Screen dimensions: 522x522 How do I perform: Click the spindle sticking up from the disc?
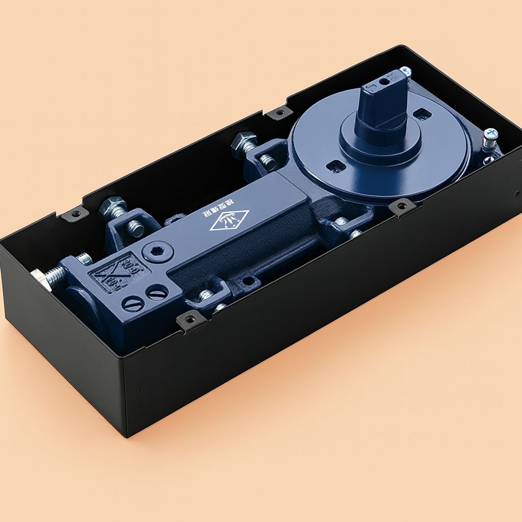(x=383, y=105)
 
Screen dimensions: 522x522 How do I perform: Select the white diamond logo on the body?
(x=229, y=220)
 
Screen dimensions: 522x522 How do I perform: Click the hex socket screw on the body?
(x=158, y=251)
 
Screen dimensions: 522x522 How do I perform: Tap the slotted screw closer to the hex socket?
(x=156, y=292)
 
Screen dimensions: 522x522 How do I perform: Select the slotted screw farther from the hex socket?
(x=134, y=304)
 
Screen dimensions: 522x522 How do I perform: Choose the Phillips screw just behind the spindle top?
(x=406, y=72)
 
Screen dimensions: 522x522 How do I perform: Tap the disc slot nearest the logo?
(x=335, y=166)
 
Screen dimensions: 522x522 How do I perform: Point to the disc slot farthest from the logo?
(x=422, y=114)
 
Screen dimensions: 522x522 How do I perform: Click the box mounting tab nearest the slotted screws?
(x=191, y=320)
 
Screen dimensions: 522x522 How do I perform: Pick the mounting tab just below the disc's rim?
(x=401, y=207)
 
